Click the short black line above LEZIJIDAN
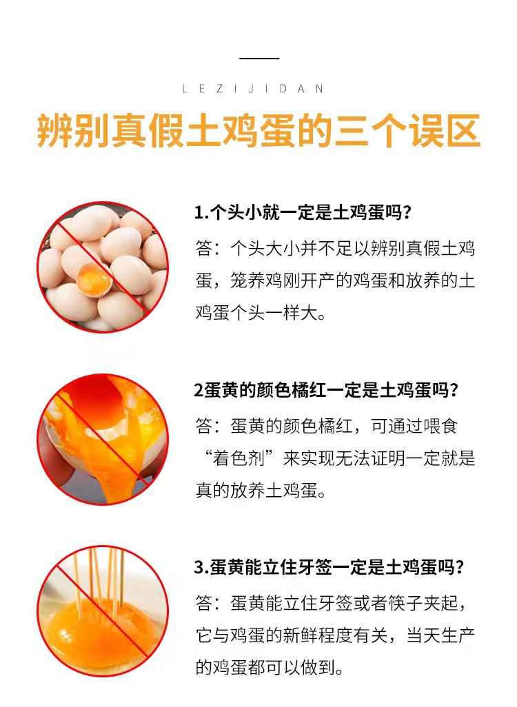click(x=259, y=58)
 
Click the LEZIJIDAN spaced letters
click(x=252, y=89)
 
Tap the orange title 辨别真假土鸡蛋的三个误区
click(x=258, y=131)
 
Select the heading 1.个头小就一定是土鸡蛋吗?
click(x=303, y=212)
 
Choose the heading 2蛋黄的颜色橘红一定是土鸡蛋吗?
click(x=326, y=389)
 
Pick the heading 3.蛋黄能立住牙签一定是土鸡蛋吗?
click(x=329, y=567)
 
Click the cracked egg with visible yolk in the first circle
click(x=94, y=278)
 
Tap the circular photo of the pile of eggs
click(x=103, y=267)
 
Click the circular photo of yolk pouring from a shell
click(x=103, y=439)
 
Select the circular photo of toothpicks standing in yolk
click(x=103, y=612)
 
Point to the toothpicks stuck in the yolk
click(x=100, y=580)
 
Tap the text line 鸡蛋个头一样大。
click(x=261, y=313)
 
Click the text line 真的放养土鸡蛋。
click(x=261, y=491)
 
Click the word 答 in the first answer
click(x=203, y=249)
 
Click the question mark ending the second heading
click(x=454, y=389)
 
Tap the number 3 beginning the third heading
click(x=199, y=567)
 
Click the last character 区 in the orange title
click(x=463, y=131)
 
